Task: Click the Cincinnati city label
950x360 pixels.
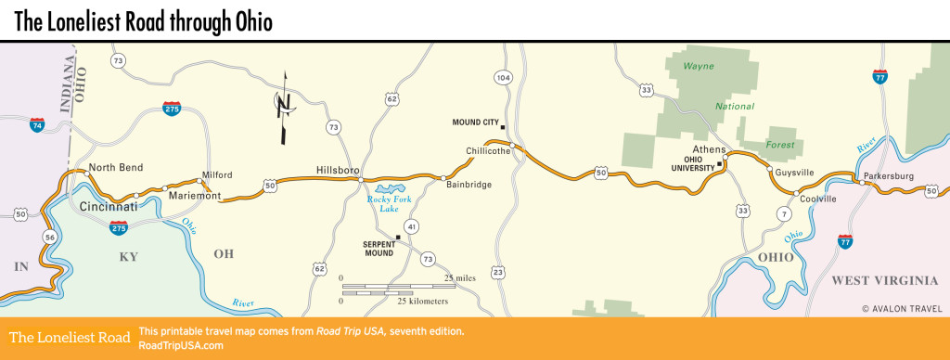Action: click(x=108, y=206)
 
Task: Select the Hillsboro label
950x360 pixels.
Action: click(x=337, y=171)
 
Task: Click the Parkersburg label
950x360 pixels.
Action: click(x=889, y=175)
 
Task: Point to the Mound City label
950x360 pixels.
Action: click(x=475, y=122)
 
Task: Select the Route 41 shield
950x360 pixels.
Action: click(x=411, y=226)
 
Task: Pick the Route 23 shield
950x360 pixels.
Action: click(x=499, y=272)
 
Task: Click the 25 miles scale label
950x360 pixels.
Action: click(x=460, y=278)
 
